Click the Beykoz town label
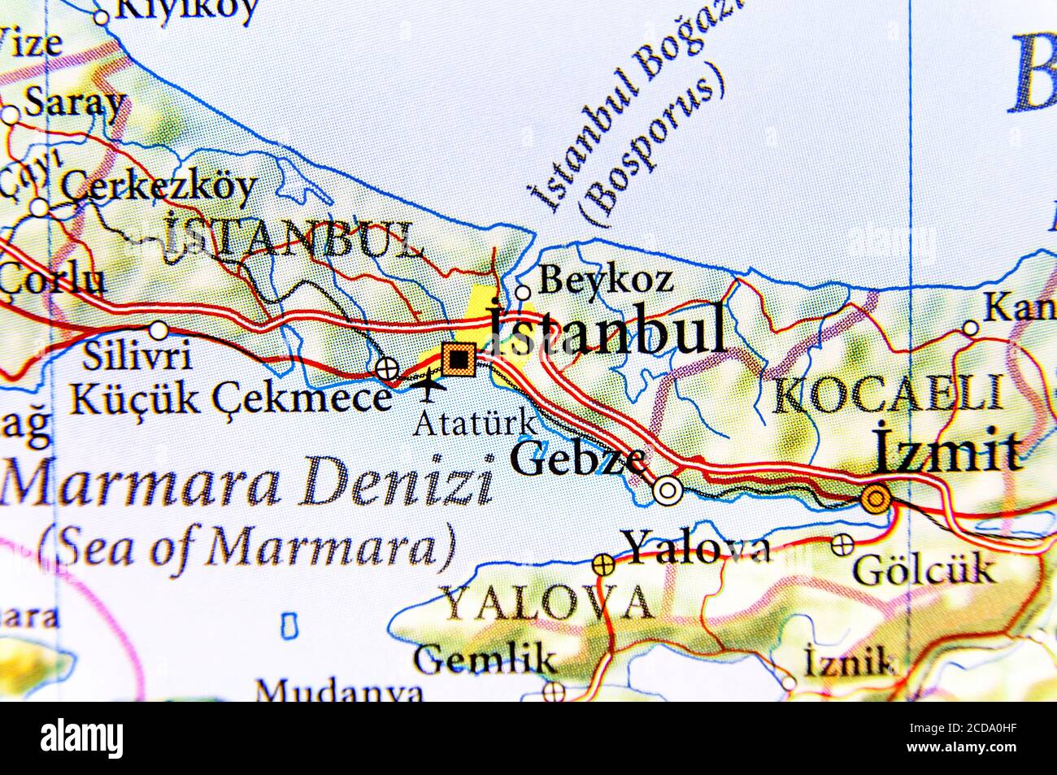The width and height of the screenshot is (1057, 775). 606,281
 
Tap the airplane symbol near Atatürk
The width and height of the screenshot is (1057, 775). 428,385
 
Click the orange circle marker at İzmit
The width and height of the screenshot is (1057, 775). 876,498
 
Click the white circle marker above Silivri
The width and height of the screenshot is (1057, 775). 159,330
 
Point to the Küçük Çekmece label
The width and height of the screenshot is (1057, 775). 230,398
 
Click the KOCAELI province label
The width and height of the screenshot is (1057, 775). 887,396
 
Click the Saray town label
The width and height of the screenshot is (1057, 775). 75,103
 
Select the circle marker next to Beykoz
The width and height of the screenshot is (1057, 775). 523,293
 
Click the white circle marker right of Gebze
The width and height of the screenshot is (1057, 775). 668,490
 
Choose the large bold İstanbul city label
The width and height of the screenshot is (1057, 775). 606,332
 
